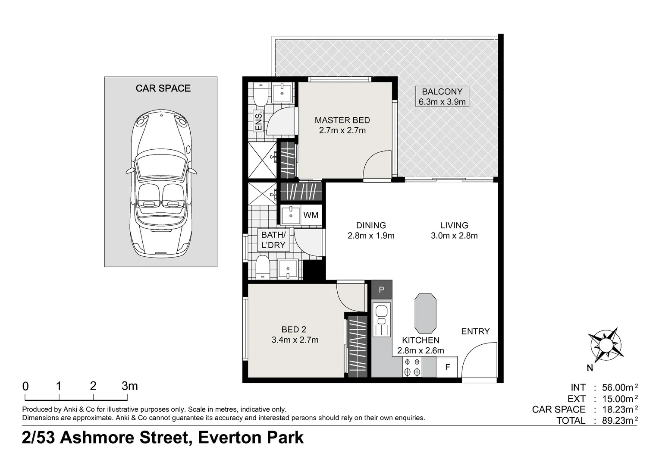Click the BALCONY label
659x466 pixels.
442,91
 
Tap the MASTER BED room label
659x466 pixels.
342,120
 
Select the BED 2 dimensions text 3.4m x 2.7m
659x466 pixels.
295,340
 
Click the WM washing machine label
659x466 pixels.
311,215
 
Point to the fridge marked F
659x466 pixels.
447,367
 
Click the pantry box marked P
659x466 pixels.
382,290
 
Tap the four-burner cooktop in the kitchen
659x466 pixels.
412,367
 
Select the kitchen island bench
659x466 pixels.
425,313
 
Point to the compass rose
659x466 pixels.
606,345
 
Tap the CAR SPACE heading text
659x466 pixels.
163,88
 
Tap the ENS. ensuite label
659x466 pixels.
259,121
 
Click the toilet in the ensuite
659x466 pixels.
260,94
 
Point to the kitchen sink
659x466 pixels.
382,315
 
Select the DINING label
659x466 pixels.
371,226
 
